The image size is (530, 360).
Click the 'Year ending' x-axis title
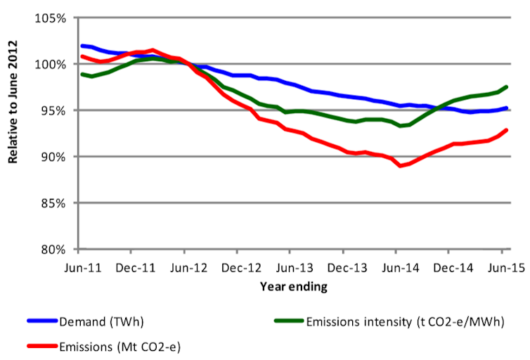(x=293, y=287)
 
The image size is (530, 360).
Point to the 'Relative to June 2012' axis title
(x=13, y=112)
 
